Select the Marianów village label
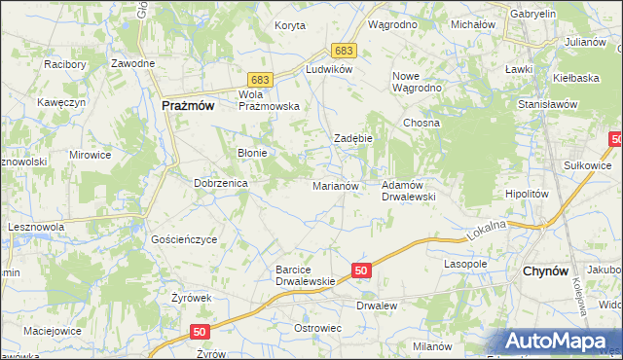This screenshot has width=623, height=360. click(336, 185)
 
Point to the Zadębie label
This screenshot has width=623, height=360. click(354, 139)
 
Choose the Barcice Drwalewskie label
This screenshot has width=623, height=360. click(306, 275)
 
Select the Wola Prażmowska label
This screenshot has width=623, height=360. click(269, 100)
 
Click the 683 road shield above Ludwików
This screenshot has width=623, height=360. click(342, 50)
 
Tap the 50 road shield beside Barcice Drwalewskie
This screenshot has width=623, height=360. click(360, 270)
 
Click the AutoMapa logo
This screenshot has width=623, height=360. click(555, 342)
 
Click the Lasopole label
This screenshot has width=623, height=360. click(464, 264)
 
